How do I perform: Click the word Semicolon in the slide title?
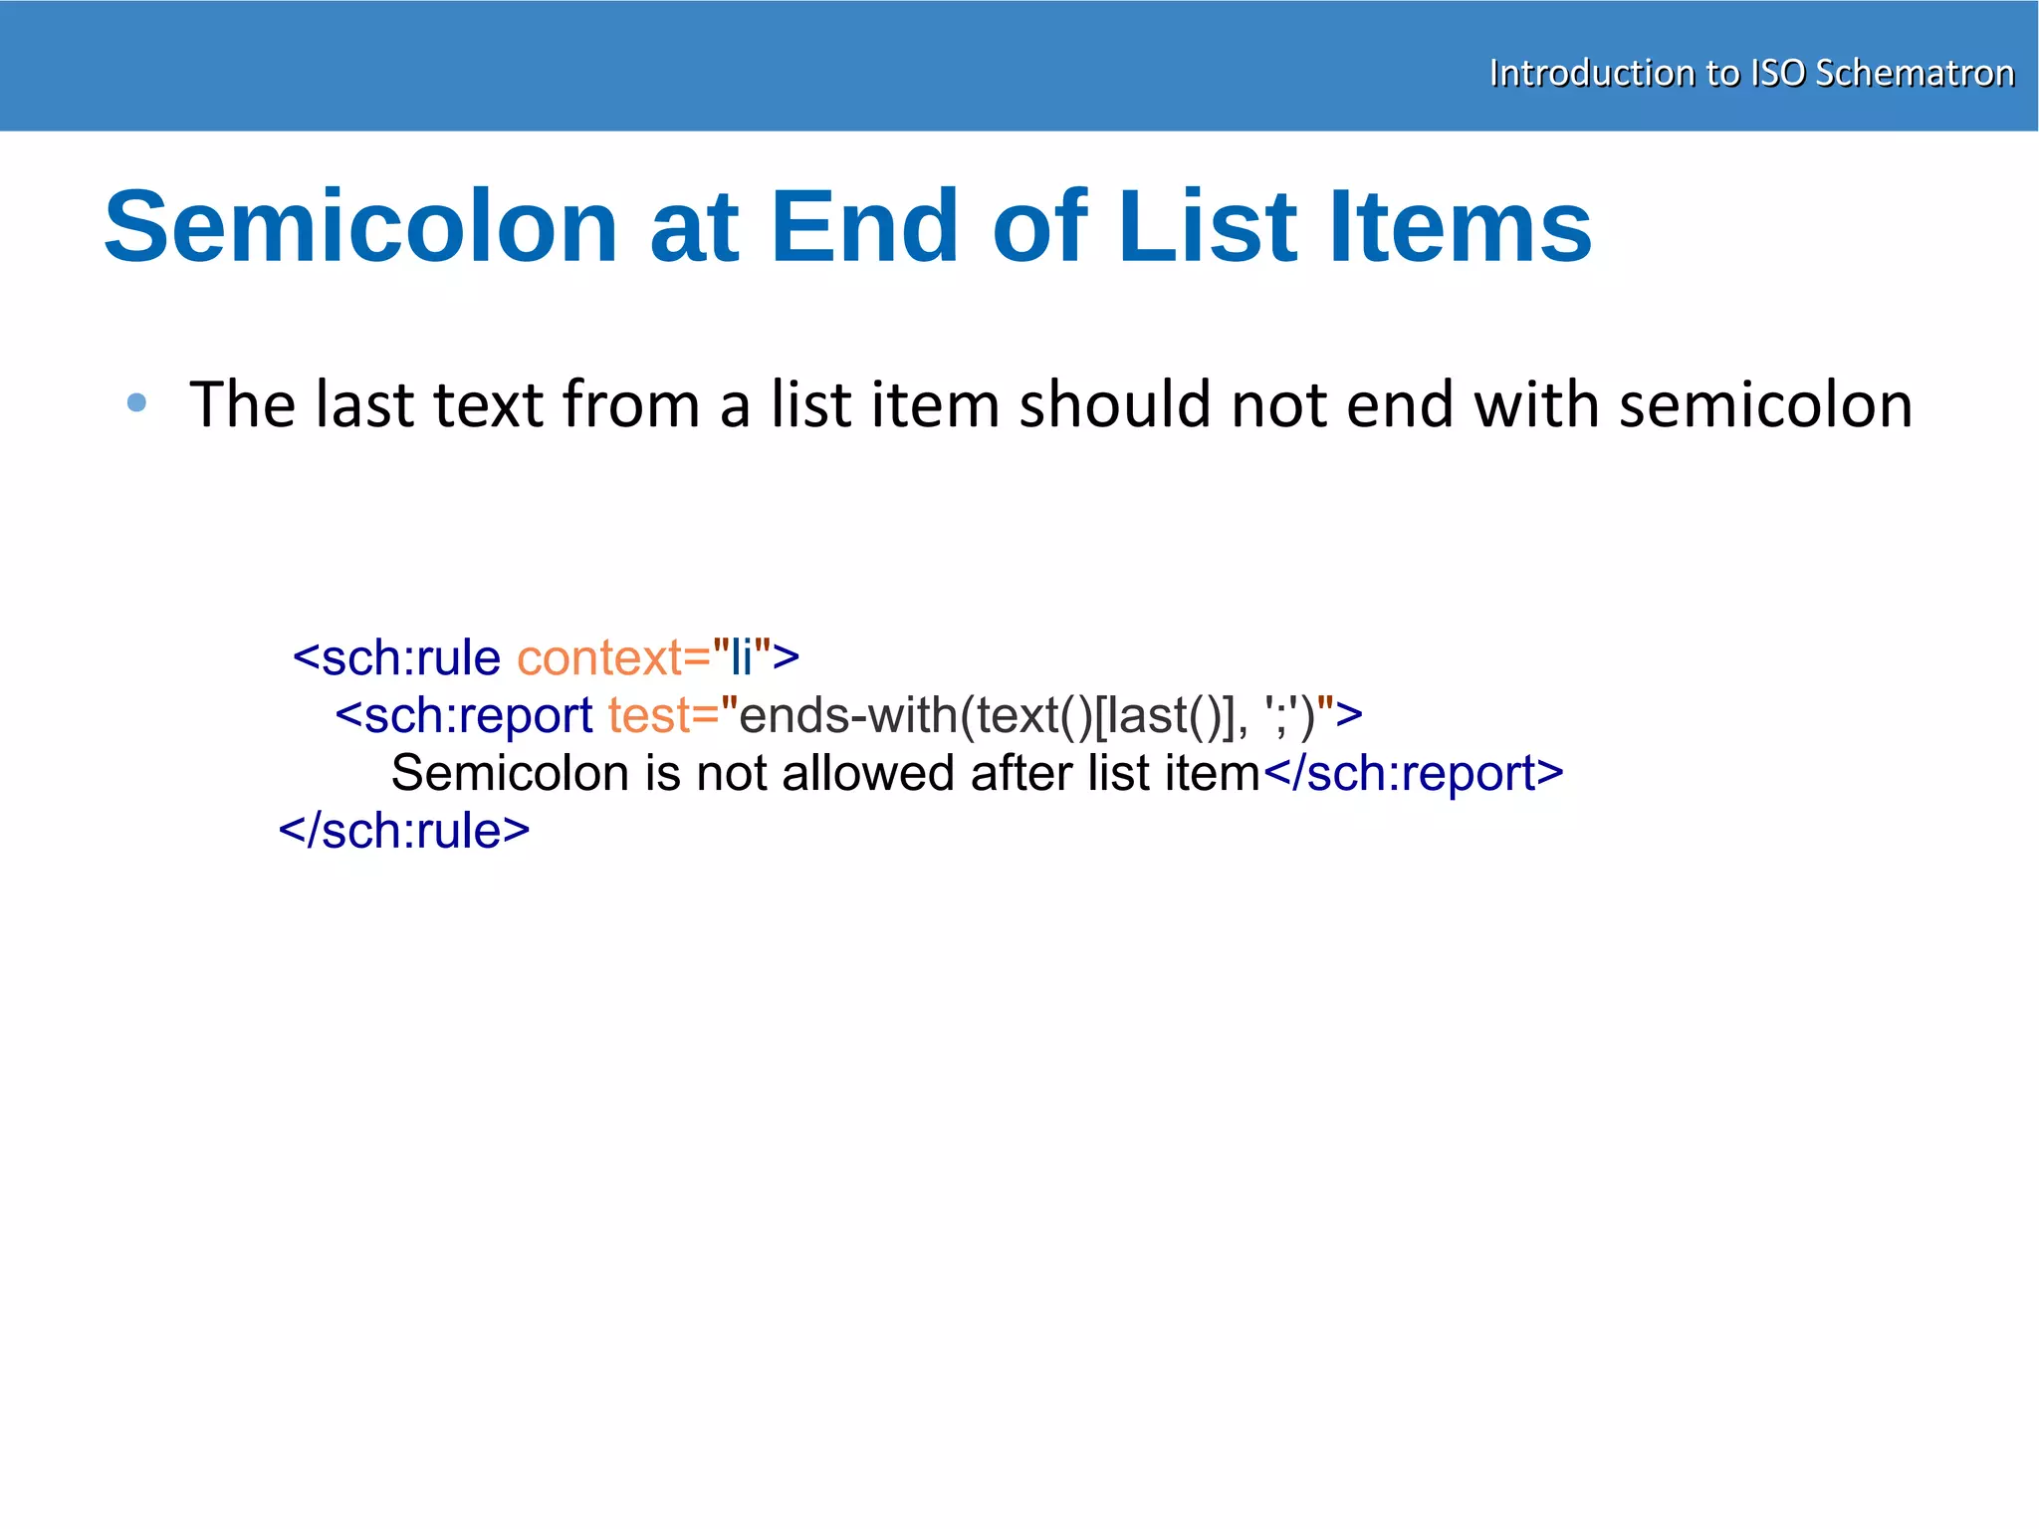pos(361,228)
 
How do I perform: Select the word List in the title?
pos(1208,228)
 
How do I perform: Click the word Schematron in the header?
pos(1915,74)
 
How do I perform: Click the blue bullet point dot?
pos(137,403)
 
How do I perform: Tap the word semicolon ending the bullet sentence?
pos(1765,405)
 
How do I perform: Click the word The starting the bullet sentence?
pos(243,405)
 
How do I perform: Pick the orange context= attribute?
pos(613,658)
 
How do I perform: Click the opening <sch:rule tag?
pos(396,658)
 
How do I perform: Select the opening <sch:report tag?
pos(464,716)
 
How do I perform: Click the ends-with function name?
pos(846,716)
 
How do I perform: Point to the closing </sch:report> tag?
pos(1413,774)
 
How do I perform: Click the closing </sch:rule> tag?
pos(404,832)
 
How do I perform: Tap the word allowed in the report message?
pos(868,774)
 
